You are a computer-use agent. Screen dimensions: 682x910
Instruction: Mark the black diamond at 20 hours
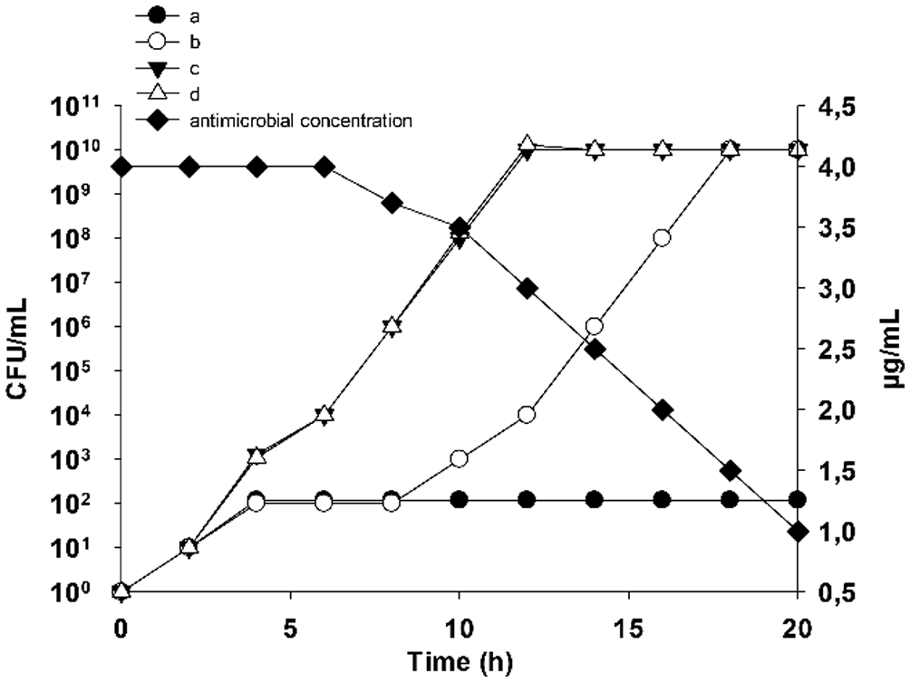pos(798,532)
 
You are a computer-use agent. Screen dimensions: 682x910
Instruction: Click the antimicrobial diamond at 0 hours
pos(121,167)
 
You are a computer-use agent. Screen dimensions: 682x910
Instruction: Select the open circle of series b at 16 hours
pos(663,238)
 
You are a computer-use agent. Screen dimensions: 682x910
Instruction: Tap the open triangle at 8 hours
pos(392,326)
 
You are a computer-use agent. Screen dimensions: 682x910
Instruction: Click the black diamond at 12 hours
pos(528,288)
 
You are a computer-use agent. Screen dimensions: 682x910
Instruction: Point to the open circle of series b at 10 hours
pos(460,458)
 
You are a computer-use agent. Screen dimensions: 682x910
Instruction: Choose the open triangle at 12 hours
pos(528,146)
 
